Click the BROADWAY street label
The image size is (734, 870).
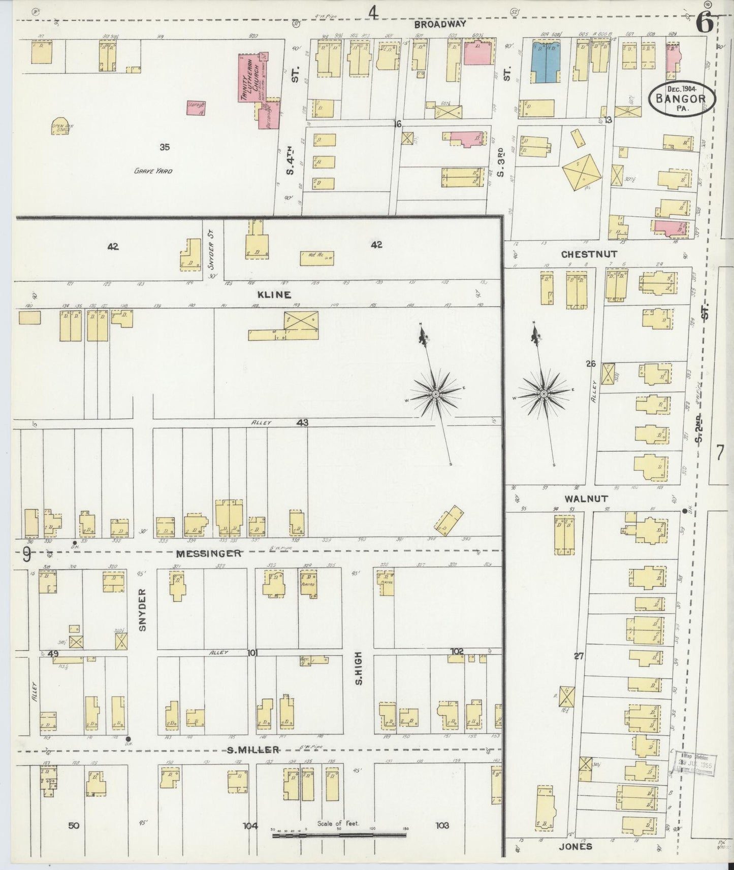click(x=439, y=24)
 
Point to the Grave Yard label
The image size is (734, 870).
click(x=153, y=171)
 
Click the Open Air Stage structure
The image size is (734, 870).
click(x=60, y=126)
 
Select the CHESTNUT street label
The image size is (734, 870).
click(x=589, y=254)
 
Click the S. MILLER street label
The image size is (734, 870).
click(x=252, y=750)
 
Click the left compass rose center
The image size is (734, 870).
click(x=436, y=394)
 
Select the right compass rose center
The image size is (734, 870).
click(x=544, y=394)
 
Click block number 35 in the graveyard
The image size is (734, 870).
click(x=164, y=147)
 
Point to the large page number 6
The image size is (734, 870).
click(x=704, y=24)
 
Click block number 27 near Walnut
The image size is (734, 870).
click(x=578, y=656)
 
